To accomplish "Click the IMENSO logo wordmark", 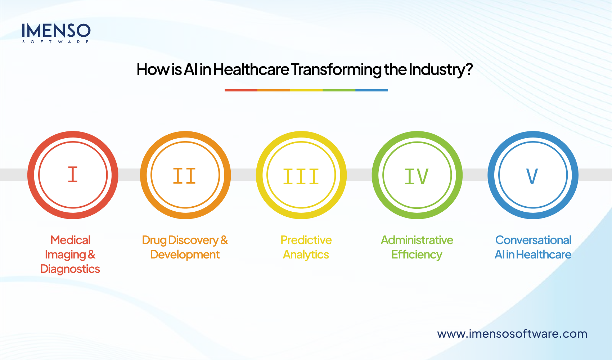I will tap(56, 31).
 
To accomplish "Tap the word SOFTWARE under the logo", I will tap(56, 42).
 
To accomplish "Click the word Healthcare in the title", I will tap(251, 69).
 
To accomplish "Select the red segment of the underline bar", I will tap(241, 90).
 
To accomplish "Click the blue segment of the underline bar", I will tap(372, 90).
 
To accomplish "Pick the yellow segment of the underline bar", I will tap(306, 90).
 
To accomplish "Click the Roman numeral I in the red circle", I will tap(73, 175).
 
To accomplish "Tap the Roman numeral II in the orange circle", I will tap(184, 176).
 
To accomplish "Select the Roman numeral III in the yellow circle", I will tap(301, 177).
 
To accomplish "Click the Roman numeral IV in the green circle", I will tap(417, 176).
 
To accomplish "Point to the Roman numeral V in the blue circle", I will tap(532, 176).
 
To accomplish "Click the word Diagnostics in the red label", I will tap(70, 269).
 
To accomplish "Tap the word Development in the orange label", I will tap(185, 255).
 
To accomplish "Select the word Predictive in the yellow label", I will tap(306, 240).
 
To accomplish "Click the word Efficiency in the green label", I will tap(417, 255).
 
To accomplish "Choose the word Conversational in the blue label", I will tap(533, 240).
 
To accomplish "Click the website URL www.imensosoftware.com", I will tap(512, 334).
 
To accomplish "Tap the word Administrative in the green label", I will tap(417, 240).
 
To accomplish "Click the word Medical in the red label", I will tap(71, 240).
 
